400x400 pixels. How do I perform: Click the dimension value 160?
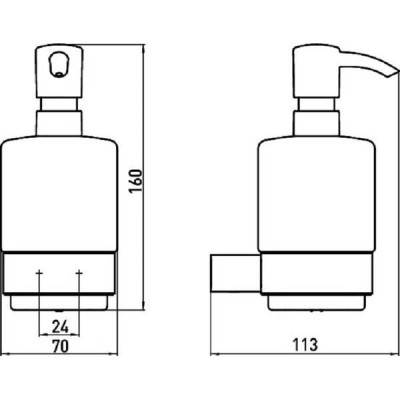point(136,181)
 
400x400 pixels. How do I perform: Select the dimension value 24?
point(60,326)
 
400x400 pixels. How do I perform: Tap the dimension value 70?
point(61,346)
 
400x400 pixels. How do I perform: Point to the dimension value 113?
point(305,344)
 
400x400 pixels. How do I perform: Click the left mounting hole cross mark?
point(39,273)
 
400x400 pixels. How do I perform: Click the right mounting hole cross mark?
point(79,273)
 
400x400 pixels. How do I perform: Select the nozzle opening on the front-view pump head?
point(58,65)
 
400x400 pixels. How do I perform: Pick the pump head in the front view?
point(59,72)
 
